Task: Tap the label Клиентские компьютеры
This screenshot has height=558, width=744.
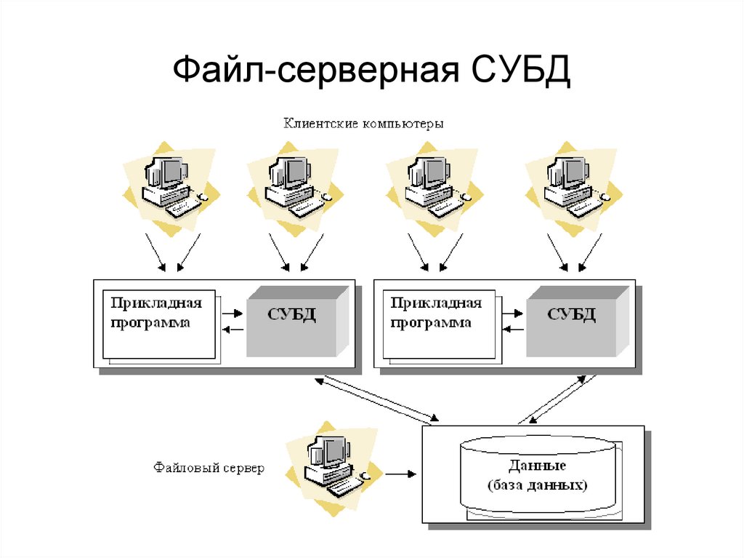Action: (x=363, y=123)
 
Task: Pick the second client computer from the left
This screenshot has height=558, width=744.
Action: (x=292, y=187)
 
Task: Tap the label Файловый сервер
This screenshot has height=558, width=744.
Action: (x=209, y=467)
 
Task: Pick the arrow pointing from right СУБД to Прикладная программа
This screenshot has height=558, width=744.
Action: (x=513, y=330)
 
